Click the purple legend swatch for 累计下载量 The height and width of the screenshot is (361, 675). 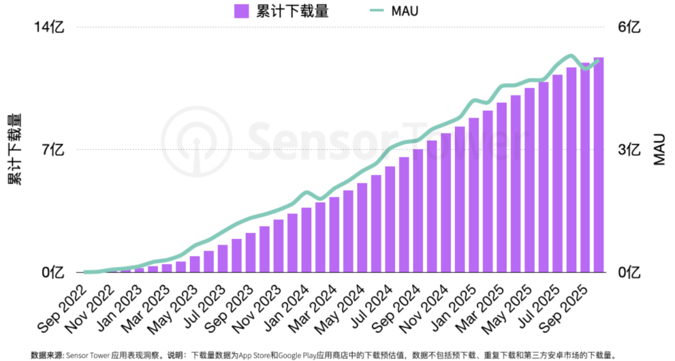(241, 11)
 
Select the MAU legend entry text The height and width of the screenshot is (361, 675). (404, 11)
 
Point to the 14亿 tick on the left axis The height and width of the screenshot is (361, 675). (52, 27)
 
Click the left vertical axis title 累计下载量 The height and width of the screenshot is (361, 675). (14, 149)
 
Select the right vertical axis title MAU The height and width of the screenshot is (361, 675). (660, 149)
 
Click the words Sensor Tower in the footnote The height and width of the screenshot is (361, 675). (86, 355)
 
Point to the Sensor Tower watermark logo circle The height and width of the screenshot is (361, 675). (196, 141)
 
